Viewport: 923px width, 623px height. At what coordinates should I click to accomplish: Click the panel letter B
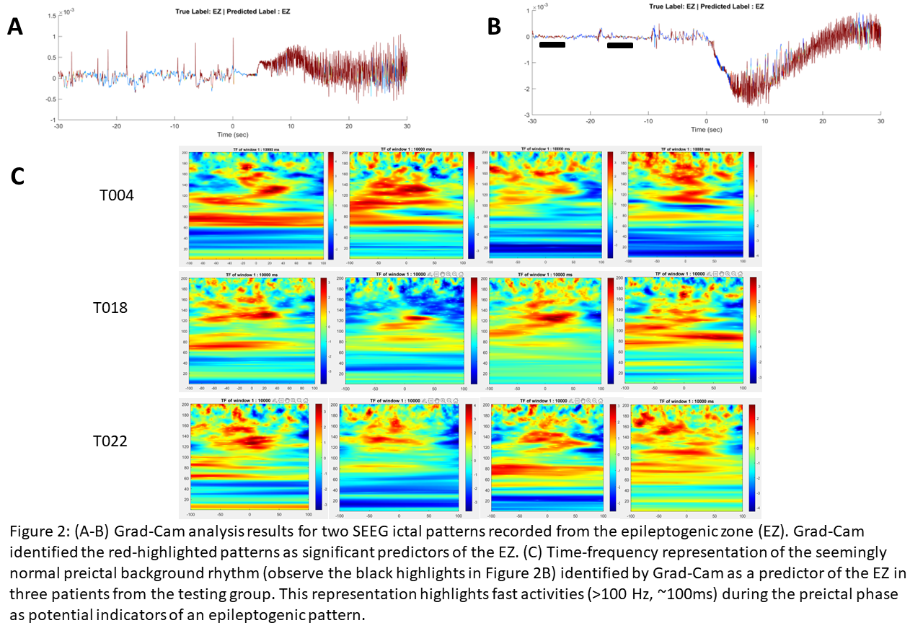click(494, 27)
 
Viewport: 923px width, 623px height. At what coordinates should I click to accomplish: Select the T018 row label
click(110, 307)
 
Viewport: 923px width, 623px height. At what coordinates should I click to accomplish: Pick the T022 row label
click(110, 441)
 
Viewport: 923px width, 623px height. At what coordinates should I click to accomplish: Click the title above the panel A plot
click(232, 12)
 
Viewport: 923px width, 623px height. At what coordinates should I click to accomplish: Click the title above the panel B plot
click(707, 6)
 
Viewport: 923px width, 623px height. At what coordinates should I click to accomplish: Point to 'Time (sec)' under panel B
click(706, 129)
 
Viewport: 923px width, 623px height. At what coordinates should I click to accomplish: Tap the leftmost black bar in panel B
click(552, 45)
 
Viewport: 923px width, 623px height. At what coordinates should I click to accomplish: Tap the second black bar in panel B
click(620, 45)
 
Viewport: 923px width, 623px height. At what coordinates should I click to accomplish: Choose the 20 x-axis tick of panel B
click(823, 121)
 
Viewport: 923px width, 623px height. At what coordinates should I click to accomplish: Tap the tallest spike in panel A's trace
click(127, 32)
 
